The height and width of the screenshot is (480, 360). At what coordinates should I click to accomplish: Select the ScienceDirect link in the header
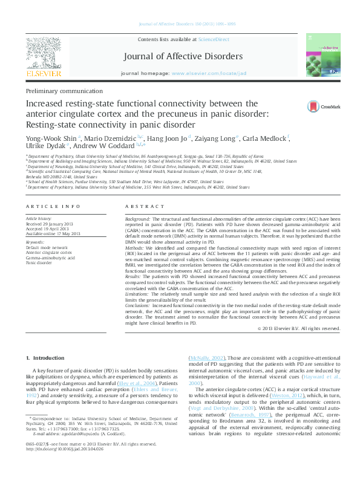click(214, 39)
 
